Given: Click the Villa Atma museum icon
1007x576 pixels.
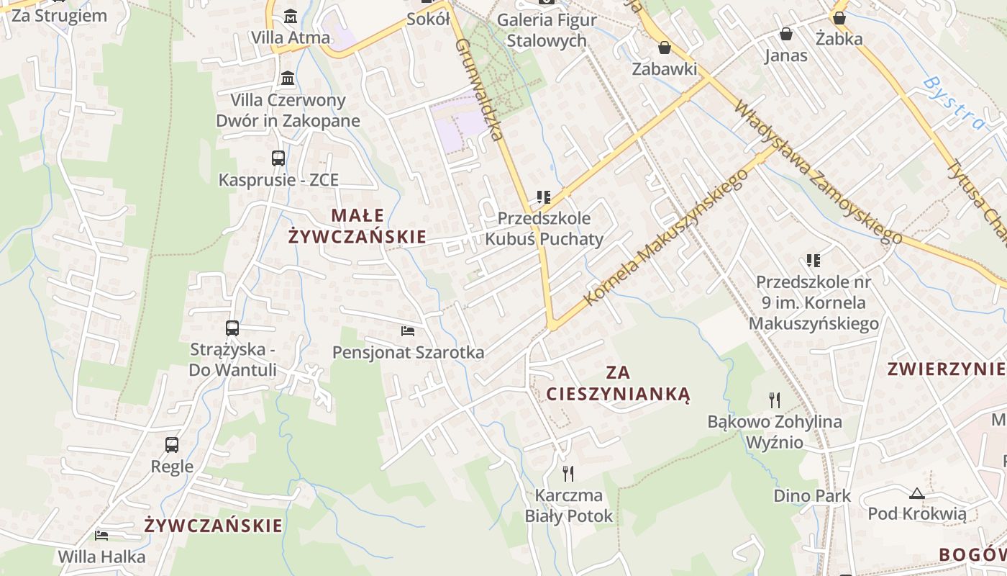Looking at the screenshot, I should tap(291, 15).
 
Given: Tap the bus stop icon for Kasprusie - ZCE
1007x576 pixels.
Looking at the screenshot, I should tap(278, 158).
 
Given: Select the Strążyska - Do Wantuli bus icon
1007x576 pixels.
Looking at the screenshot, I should tap(232, 328).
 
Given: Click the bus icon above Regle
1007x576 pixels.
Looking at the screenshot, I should tap(172, 444).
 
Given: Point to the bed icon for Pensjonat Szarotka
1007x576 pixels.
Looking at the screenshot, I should tap(408, 331).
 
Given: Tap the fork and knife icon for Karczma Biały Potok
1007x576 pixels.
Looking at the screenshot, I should tap(568, 473).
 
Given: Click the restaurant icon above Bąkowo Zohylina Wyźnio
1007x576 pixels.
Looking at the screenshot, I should tap(775, 400).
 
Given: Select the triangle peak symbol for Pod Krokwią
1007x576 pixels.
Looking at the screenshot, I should tap(916, 493).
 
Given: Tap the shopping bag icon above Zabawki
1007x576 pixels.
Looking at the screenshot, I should tap(665, 48).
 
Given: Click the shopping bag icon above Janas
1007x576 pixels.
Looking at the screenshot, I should tap(786, 34).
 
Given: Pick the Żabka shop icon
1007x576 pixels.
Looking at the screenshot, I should tap(839, 18).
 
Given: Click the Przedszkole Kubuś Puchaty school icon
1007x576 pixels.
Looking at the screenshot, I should tap(544, 197).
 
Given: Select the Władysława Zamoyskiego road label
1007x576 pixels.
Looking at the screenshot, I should tap(817, 173).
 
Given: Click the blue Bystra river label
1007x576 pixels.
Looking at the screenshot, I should tap(954, 103).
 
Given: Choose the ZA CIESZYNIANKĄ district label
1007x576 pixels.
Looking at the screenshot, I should tap(618, 383).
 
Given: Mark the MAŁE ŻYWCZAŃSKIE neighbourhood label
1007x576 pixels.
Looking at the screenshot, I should tap(357, 225).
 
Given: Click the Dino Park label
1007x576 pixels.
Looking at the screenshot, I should tap(812, 495).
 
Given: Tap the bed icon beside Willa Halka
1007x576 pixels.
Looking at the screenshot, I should tap(101, 536).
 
